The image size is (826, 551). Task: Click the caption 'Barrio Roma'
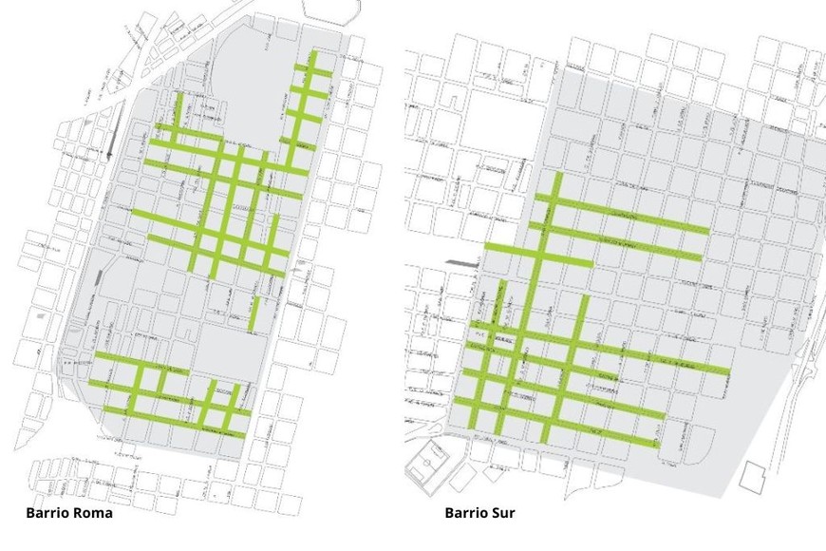point(69,513)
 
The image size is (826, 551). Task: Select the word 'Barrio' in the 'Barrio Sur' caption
point(465,513)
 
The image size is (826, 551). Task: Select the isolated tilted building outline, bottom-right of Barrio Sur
point(757,477)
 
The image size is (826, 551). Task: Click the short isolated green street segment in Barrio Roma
point(254,314)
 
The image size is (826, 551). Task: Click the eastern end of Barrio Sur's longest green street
point(728,370)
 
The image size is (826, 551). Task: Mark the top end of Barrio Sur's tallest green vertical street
point(557,175)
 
